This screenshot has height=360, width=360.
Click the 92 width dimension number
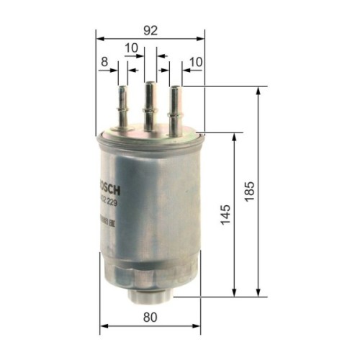[x=150, y=30]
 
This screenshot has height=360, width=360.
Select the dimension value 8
[x=104, y=63]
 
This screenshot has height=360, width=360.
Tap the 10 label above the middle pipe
[x=130, y=48]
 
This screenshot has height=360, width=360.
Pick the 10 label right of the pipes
[x=196, y=63]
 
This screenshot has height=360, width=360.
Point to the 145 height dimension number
[x=225, y=213]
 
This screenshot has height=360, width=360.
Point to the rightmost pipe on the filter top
[x=175, y=107]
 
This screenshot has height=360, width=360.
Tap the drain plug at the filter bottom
[x=150, y=293]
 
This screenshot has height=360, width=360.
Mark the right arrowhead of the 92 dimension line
[x=201, y=40]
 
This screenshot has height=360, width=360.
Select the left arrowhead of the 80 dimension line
[x=103, y=325]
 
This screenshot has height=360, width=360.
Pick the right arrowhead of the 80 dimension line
[x=198, y=325]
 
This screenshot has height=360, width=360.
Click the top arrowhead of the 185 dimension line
[x=258, y=91]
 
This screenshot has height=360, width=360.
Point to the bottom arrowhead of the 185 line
[x=258, y=292]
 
